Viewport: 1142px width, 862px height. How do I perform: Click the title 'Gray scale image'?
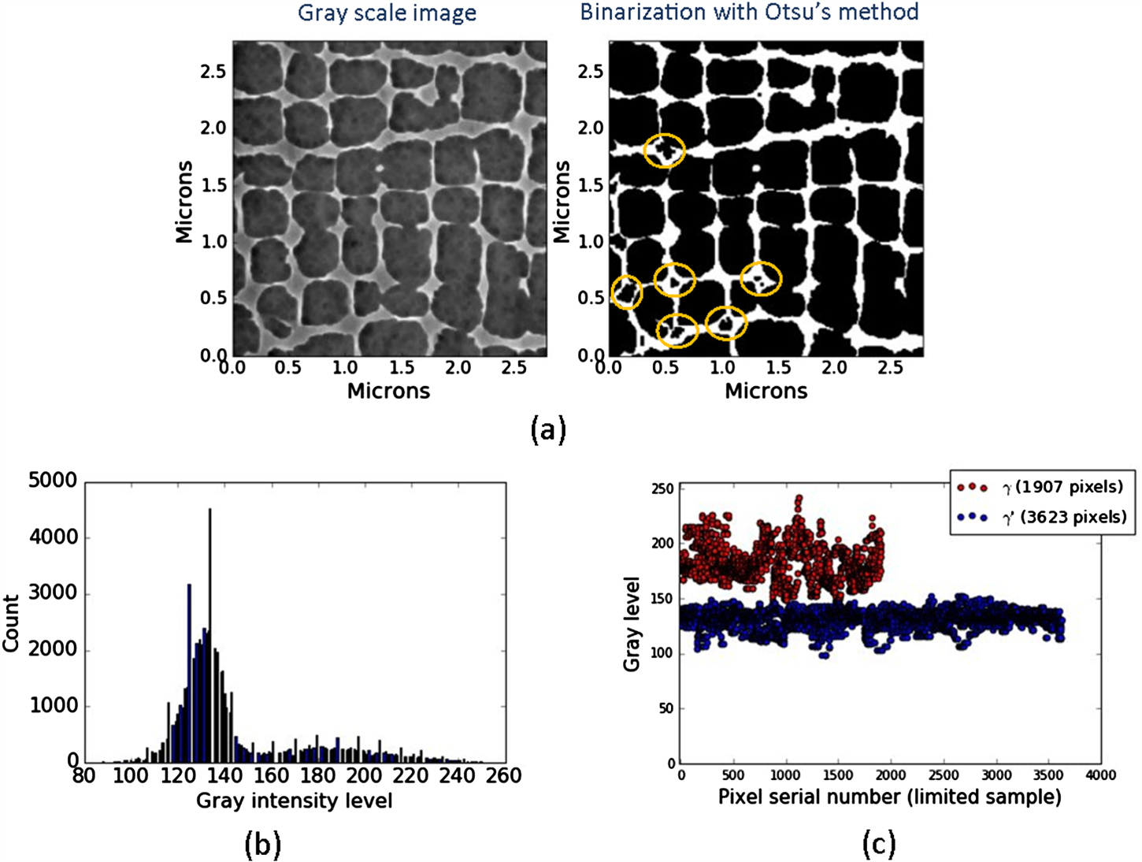387,13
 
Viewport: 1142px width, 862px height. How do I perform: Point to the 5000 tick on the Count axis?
53,481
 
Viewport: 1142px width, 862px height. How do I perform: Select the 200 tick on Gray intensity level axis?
364,776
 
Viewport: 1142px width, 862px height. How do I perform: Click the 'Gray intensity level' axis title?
294,801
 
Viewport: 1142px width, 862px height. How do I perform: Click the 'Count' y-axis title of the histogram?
11,623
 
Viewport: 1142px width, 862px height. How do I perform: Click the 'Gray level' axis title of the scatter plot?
632,624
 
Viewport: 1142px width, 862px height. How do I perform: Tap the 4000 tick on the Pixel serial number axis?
1100,775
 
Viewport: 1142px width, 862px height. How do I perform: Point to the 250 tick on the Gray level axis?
664,489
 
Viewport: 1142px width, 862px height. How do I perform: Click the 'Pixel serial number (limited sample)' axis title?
889,797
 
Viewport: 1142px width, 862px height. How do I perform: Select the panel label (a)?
548,429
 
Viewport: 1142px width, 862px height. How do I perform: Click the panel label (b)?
262,845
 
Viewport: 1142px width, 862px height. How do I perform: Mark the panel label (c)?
878,845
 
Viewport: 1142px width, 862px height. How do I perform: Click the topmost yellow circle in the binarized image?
665,150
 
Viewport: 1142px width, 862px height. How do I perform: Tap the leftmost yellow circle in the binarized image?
627,292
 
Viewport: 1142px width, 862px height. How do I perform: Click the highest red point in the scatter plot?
799,498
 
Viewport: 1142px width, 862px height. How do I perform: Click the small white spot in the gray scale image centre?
379,168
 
